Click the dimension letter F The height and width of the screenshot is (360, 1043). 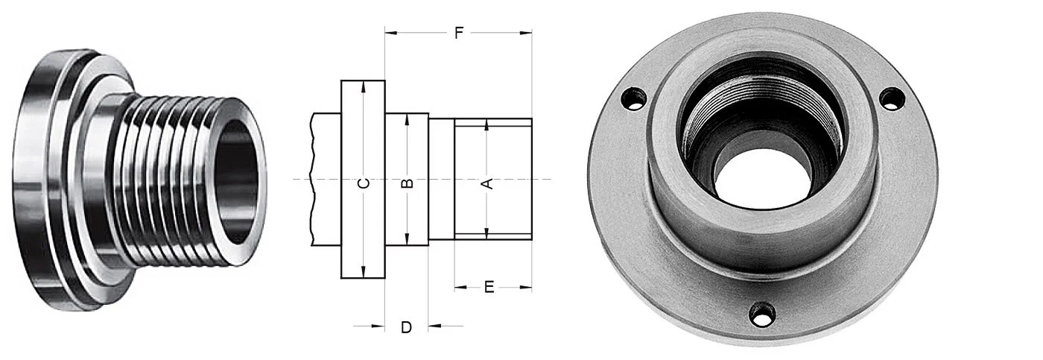[x=459, y=33]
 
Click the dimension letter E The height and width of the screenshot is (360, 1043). [x=489, y=287]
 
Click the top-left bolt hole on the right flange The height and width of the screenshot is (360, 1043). [x=633, y=98]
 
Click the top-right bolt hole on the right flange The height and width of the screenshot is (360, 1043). [x=891, y=98]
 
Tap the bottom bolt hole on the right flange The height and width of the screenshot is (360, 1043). [x=762, y=314]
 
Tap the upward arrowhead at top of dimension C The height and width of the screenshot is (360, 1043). [x=363, y=86]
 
